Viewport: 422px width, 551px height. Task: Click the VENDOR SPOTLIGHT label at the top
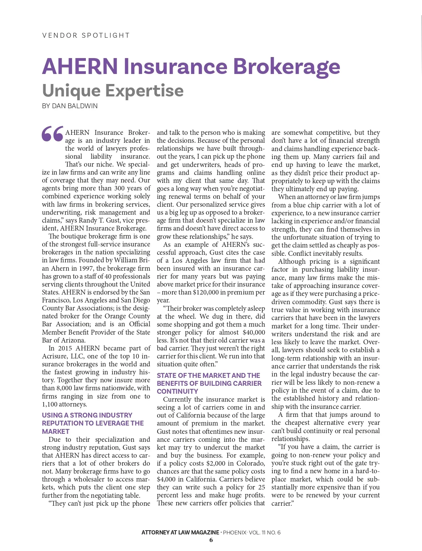(86, 35)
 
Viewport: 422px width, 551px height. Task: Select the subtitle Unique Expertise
(113, 91)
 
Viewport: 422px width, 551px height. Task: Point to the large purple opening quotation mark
(53, 134)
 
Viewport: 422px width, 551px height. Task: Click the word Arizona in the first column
(71, 340)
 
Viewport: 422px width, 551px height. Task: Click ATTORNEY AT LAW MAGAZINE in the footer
(180, 532)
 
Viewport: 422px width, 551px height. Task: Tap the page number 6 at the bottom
(211, 540)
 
